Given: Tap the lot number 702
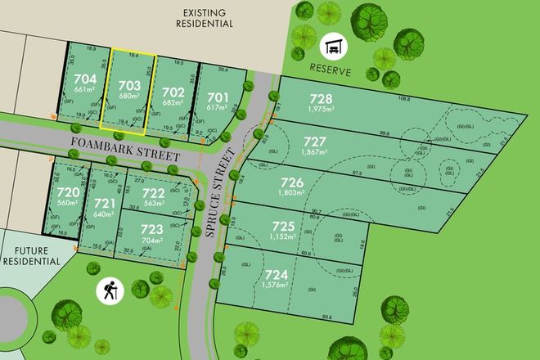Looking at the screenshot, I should tap(172, 92).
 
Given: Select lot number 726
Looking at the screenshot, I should tap(292, 182).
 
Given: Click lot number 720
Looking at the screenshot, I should tap(65, 194).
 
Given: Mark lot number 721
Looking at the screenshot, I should tap(104, 203).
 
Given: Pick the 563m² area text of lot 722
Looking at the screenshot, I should tap(155, 205).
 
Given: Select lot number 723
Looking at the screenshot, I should tap(151, 231).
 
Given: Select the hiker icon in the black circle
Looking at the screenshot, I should tap(108, 290).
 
